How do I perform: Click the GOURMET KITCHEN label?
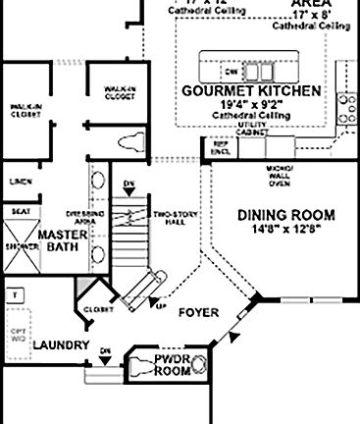click(x=251, y=90)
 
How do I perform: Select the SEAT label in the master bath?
click(x=19, y=210)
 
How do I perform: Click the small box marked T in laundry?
click(x=15, y=293)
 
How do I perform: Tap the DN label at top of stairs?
click(x=128, y=184)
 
